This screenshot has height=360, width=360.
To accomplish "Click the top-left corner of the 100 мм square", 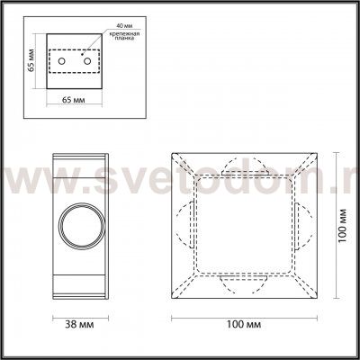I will [171, 154].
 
